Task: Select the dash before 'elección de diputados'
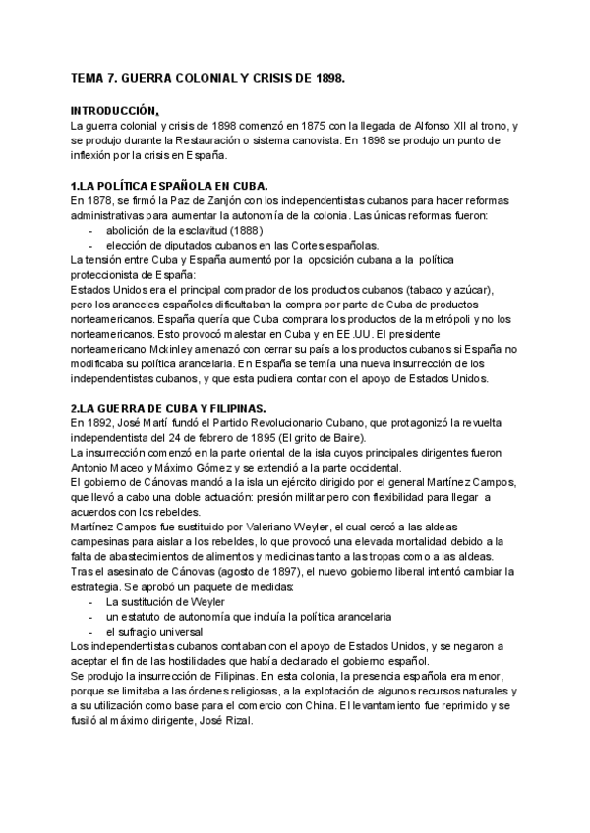91,245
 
